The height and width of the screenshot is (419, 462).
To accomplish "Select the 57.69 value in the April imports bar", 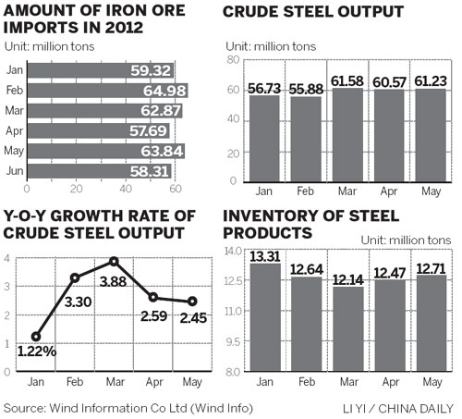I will point(159,131).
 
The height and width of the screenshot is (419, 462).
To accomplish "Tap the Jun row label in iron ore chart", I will point(16,172).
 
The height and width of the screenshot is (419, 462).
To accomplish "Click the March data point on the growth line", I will point(114,262).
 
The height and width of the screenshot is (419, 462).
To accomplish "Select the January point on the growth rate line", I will point(36,337).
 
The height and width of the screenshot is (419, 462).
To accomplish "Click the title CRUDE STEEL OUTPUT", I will point(313,12).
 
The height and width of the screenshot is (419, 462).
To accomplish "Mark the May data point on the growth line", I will point(191,302).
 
